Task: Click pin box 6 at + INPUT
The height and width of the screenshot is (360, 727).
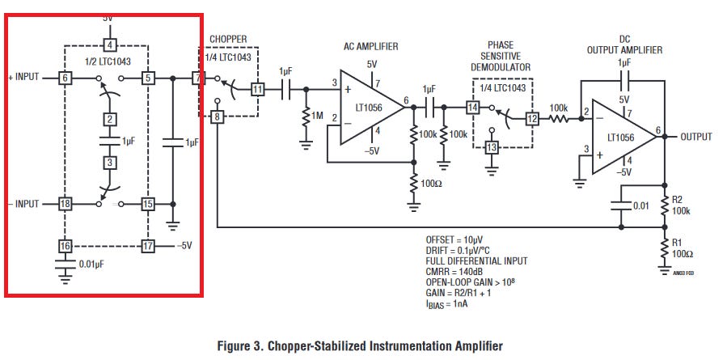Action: click(x=66, y=78)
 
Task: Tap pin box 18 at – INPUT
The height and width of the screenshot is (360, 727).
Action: click(x=66, y=204)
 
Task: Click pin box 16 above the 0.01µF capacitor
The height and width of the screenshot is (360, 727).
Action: click(x=66, y=245)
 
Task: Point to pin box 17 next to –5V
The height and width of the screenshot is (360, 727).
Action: click(x=148, y=245)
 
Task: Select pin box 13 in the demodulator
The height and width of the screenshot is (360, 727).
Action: click(x=491, y=146)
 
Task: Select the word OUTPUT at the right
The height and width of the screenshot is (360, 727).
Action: click(x=695, y=137)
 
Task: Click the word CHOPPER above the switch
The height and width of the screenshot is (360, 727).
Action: click(x=228, y=39)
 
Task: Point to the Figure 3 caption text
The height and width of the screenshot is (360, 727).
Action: click(x=360, y=345)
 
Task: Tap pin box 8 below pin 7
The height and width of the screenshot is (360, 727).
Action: click(x=217, y=117)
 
